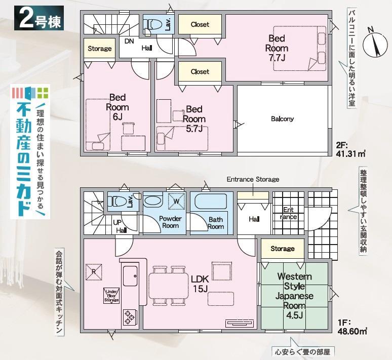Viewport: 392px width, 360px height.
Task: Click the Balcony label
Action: coord(282,119)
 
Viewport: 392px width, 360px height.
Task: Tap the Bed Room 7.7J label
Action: coord(277,48)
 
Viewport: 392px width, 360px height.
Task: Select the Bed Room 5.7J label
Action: coord(194,119)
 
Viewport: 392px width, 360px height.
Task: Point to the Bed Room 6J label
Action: coord(117,107)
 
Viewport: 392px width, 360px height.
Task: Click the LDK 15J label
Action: coord(200,284)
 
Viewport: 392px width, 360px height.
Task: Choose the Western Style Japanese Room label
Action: coord(294,291)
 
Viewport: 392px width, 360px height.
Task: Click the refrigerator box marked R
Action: coord(94,272)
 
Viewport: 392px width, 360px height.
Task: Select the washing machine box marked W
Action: coord(176,201)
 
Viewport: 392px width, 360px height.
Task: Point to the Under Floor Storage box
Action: coord(111,296)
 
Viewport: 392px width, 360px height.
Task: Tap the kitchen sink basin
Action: coord(130,276)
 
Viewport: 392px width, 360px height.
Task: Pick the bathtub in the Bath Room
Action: coord(211,201)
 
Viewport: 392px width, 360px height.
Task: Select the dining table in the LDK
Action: coord(169,285)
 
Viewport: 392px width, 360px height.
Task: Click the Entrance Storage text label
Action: coord(253,179)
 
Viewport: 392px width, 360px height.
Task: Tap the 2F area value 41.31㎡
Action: coord(351,153)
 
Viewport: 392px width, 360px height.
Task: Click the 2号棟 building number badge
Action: coord(39,18)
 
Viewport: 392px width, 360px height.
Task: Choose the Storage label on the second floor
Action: coord(99,48)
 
